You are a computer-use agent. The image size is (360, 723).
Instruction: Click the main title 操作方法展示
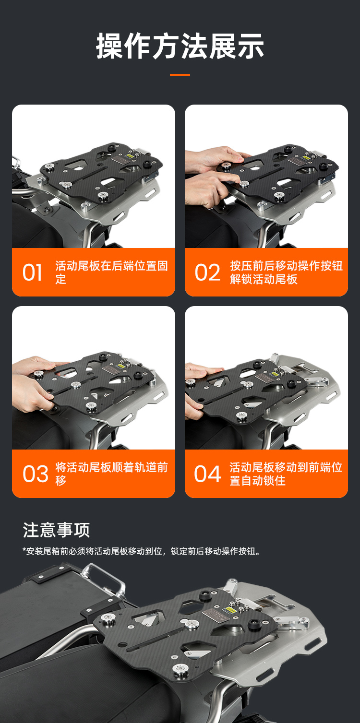coord(180,46)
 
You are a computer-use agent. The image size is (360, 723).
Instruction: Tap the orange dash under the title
coord(180,75)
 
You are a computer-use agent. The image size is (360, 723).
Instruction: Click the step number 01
coord(32,273)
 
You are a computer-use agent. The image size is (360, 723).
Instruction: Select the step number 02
coord(207,273)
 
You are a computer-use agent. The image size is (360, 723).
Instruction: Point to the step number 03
coord(36,474)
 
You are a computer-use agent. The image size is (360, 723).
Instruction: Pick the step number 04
coord(208,474)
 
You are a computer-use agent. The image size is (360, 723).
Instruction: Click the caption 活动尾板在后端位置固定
coord(111,273)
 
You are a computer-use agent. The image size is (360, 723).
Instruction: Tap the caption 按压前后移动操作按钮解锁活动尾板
coord(286,273)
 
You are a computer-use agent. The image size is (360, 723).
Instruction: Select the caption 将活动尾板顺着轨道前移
coord(111,474)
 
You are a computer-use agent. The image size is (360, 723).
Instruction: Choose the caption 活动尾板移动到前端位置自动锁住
coord(286,474)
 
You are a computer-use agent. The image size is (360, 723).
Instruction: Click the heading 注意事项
coord(56,530)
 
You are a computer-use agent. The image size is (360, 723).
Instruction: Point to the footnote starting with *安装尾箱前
coord(142,551)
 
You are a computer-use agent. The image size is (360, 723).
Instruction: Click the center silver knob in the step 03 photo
coord(76,384)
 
